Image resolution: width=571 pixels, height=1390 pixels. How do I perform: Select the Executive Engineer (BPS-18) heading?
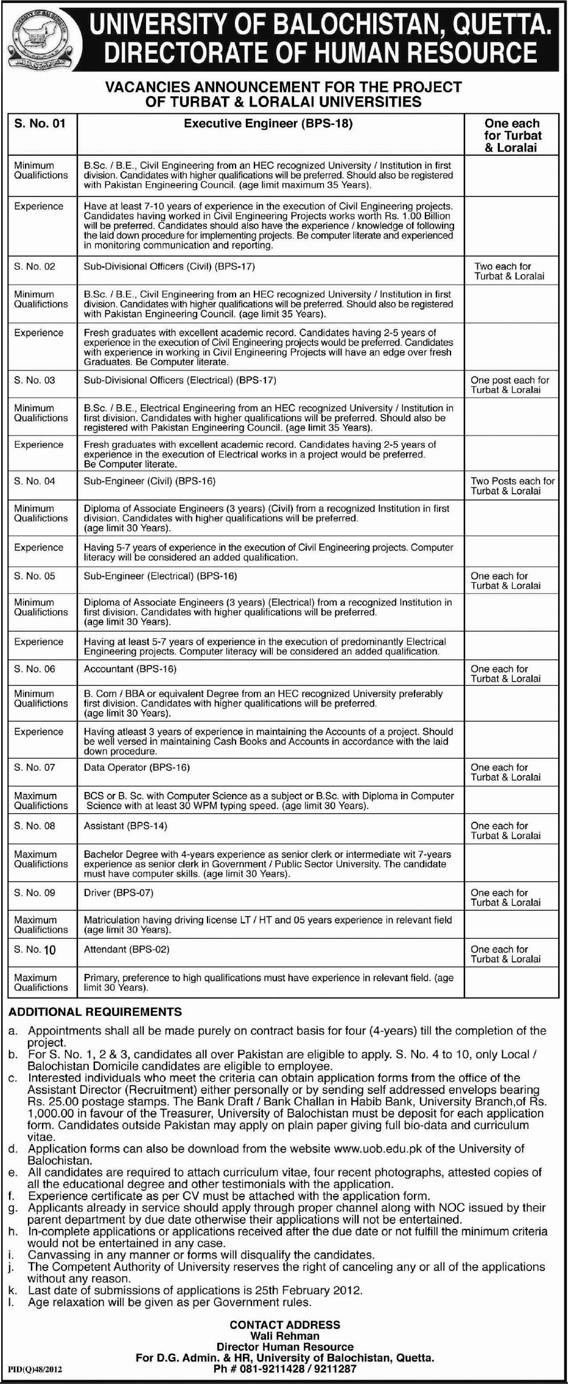point(268,123)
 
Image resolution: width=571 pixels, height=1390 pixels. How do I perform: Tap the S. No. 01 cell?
point(40,123)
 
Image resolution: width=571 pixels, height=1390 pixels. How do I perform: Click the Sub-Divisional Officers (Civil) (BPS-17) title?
point(169,266)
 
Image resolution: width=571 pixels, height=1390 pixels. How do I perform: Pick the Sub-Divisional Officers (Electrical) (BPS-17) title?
point(180,380)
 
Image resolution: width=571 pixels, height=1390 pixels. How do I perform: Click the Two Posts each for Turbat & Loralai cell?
point(512,485)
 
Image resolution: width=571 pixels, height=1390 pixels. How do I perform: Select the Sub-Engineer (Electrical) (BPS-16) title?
point(160,575)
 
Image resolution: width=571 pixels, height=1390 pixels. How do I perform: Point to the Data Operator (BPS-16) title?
point(136,767)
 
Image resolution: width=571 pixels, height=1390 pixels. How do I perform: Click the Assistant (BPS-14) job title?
point(125,825)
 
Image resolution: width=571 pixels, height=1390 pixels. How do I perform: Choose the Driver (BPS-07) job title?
point(118,892)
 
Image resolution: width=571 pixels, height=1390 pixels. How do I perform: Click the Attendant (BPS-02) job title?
point(126,949)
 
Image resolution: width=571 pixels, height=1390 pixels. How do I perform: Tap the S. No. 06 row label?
point(34,669)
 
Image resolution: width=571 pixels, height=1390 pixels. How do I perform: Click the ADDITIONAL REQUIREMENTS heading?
point(95,1012)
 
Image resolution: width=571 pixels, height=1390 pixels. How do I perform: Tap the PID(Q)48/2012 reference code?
point(35,1370)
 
